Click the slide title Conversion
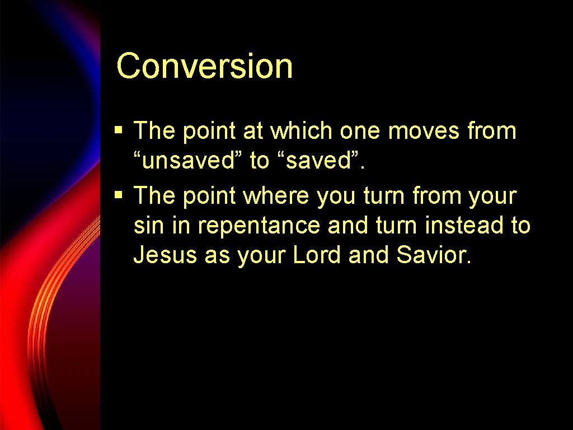tap(204, 66)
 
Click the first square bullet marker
tap(118, 131)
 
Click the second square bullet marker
tap(118, 196)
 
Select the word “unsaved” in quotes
tap(188, 161)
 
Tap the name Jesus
tap(165, 255)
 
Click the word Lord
tap(317, 255)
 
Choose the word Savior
tap(434, 255)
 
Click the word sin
tap(147, 226)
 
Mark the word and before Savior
tap(369, 255)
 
